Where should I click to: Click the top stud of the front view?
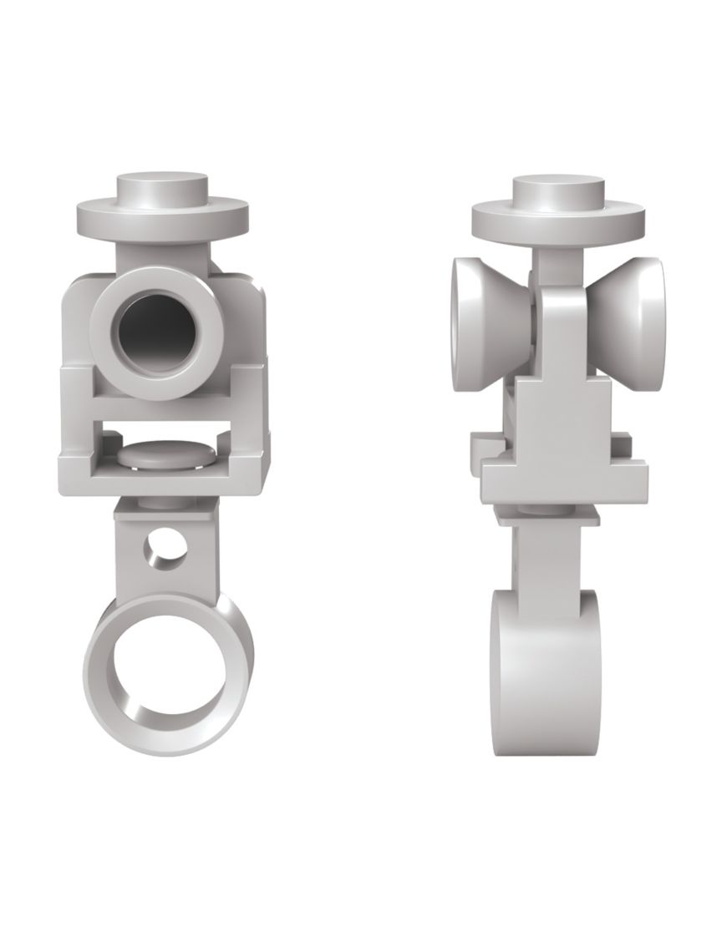(x=162, y=188)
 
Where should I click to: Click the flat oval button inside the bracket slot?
(x=164, y=454)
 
